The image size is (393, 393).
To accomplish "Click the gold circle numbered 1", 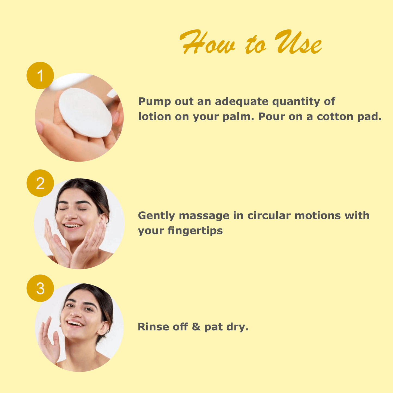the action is [x=40, y=75].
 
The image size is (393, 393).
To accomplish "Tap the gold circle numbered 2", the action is [x=40, y=183].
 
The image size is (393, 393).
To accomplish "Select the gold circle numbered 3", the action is [x=40, y=288].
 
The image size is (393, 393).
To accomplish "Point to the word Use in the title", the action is [x=298, y=42].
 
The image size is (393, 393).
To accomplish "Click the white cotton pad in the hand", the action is [x=85, y=113].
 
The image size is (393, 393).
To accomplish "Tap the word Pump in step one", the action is [x=154, y=102].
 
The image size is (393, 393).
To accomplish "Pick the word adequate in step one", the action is [x=242, y=102].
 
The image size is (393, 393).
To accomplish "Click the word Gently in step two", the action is [x=156, y=216].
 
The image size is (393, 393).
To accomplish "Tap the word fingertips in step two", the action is [x=195, y=231].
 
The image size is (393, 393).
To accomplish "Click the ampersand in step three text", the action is [x=196, y=327].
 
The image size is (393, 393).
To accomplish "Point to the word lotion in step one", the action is [x=154, y=117].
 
